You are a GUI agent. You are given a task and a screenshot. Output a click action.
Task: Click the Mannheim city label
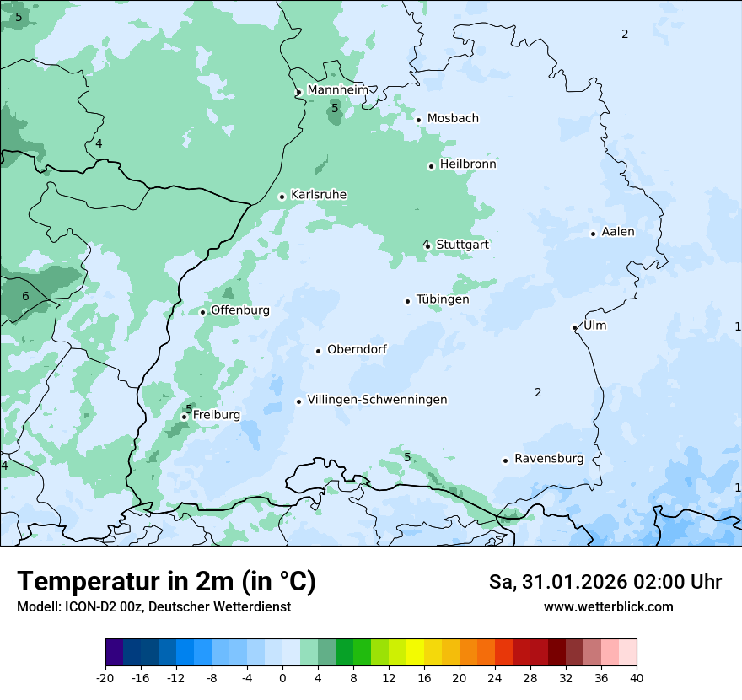pos(337,90)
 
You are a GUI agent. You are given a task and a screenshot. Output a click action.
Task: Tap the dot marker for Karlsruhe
pos(282,197)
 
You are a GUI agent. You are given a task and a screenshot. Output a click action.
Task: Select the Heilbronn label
pos(468,164)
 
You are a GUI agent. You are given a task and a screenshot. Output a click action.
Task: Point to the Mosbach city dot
pos(418,120)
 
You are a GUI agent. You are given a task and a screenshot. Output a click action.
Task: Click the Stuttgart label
pos(462,245)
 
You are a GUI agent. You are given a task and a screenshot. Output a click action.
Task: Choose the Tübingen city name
pos(443,299)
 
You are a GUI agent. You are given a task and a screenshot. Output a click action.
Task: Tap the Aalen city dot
pos(593,234)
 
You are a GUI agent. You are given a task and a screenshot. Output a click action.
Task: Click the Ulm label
pos(594,326)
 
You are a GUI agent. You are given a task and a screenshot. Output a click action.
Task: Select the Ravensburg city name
pos(549,459)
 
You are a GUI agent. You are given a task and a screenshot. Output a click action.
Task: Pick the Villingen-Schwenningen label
pos(377,400)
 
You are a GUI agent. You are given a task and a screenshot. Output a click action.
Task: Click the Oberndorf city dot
pos(319,351)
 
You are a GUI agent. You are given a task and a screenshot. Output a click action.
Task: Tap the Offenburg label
pos(240,310)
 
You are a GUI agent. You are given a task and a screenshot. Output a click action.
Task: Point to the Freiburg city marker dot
pos(184,417)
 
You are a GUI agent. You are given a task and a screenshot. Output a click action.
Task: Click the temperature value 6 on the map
pos(25,296)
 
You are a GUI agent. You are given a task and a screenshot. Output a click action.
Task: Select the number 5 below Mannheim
pos(335,108)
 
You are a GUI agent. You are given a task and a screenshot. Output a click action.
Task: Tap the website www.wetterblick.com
pos(608,607)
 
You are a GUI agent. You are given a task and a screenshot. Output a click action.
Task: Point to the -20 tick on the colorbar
pos(105,677)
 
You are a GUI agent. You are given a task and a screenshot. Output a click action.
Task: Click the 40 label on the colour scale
pos(637,677)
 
